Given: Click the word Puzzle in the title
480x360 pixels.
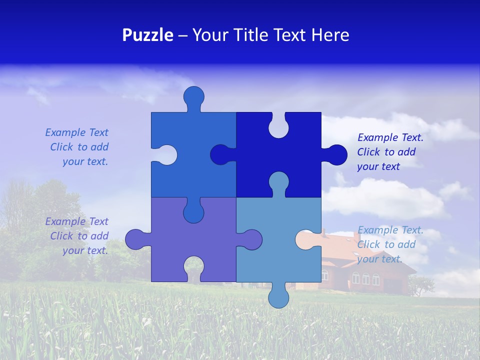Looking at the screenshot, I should (147, 35).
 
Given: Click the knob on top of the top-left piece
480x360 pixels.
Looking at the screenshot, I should (193, 97).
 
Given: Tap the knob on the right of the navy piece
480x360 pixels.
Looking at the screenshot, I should (336, 155).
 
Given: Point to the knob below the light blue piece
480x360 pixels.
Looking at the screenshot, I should (278, 297).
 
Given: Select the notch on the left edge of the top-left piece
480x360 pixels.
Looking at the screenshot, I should (166, 155).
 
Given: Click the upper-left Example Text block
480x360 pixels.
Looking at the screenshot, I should (77, 147).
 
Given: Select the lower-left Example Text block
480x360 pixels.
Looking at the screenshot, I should (77, 236).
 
